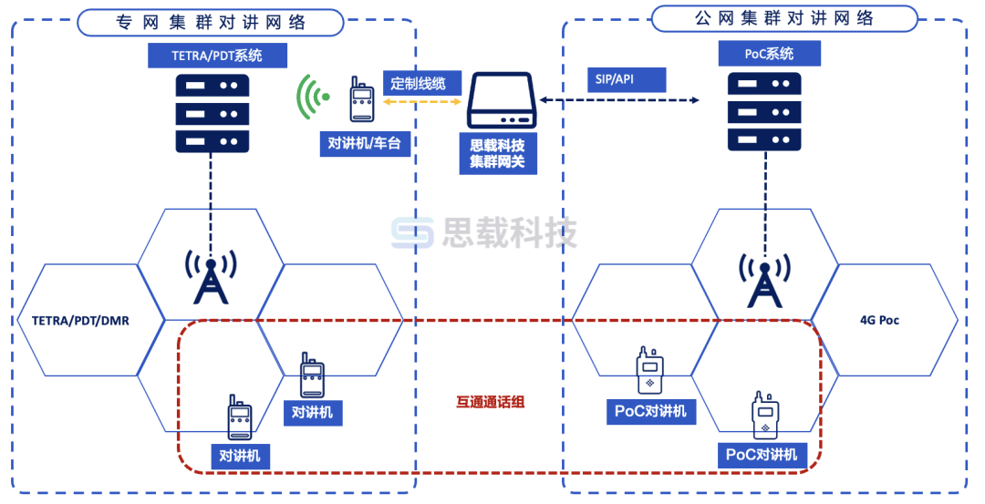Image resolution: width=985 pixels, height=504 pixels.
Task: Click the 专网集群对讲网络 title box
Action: point(211,22)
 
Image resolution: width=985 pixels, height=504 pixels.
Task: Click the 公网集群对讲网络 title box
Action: point(783,18)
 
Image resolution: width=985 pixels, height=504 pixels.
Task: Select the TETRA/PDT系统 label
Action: point(217,56)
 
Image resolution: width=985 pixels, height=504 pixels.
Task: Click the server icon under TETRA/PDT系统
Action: point(212,114)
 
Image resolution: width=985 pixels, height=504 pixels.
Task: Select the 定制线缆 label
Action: point(418,84)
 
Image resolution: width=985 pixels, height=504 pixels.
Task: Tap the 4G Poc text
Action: point(879,320)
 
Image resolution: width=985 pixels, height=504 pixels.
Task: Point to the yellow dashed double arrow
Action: point(421,103)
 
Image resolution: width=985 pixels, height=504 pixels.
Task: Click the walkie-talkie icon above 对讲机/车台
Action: point(361,99)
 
